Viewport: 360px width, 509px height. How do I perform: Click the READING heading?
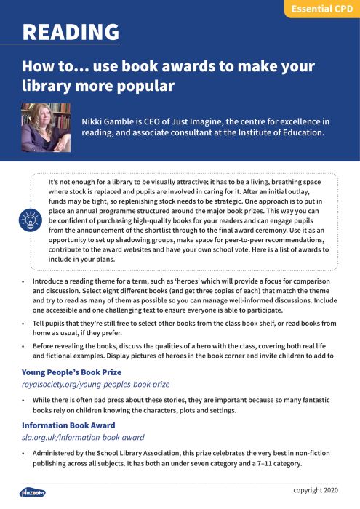click(x=71, y=32)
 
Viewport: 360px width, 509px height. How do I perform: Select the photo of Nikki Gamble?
click(x=46, y=127)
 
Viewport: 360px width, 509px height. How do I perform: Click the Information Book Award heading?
click(x=68, y=425)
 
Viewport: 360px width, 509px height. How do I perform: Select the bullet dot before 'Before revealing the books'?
click(x=23, y=345)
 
